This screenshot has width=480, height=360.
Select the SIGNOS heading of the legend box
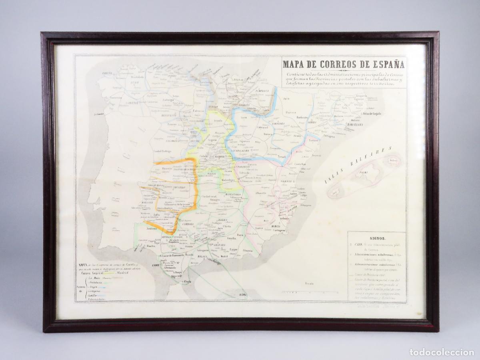[x=377, y=237]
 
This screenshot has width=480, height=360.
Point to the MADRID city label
[x=220, y=157]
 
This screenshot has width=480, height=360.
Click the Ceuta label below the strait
[x=186, y=282]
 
